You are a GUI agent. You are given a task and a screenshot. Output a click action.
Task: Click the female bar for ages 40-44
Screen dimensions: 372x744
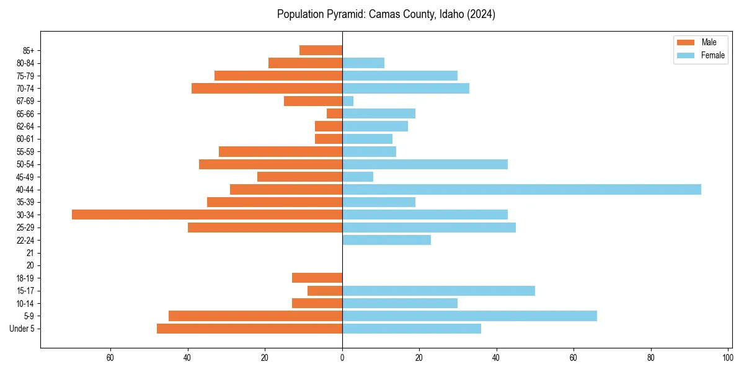pyautogui.click(x=521, y=190)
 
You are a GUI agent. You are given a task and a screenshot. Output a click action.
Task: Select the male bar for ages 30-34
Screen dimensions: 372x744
pyautogui.click(x=207, y=215)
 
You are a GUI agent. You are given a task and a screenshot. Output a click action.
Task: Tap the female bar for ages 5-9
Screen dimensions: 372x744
pyautogui.click(x=469, y=316)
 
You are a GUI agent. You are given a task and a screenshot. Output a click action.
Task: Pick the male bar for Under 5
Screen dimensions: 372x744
pyautogui.click(x=249, y=329)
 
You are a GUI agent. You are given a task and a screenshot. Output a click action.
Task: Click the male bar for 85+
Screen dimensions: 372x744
pyautogui.click(x=321, y=50)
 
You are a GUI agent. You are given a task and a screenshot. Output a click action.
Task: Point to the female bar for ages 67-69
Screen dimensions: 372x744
pyautogui.click(x=348, y=101)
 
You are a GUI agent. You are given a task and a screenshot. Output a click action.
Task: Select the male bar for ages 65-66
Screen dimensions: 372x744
pyautogui.click(x=335, y=113)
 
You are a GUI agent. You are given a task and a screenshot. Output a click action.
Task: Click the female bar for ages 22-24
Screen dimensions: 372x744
pyautogui.click(x=386, y=240)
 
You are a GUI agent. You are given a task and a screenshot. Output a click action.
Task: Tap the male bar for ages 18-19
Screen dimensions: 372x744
pyautogui.click(x=317, y=278)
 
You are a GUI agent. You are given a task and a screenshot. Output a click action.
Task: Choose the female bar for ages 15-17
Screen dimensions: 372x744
pyautogui.click(x=438, y=291)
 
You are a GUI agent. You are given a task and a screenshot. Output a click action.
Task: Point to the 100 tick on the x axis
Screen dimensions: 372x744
pyautogui.click(x=727, y=358)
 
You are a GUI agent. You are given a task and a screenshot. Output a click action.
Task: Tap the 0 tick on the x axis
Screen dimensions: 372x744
pyautogui.click(x=342, y=358)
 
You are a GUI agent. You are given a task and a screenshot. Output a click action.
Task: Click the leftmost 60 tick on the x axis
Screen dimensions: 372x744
pyautogui.click(x=110, y=358)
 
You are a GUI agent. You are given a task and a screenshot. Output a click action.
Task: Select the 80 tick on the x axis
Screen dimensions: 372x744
pyautogui.click(x=650, y=358)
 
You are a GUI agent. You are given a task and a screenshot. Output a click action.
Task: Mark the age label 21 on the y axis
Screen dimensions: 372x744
pyautogui.click(x=30, y=253)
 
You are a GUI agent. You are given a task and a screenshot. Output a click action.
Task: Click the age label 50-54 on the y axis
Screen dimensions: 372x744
pyautogui.click(x=25, y=164)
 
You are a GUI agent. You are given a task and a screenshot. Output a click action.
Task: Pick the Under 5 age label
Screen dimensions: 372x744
pyautogui.click(x=22, y=329)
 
